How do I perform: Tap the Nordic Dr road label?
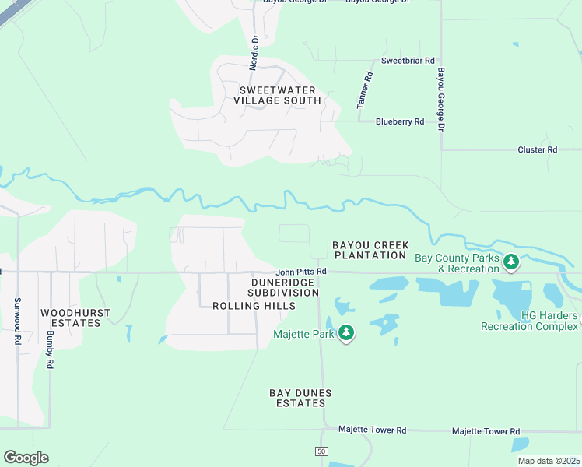[x=253, y=52]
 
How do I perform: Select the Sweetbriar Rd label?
[x=407, y=60]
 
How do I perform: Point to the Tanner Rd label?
[x=364, y=90]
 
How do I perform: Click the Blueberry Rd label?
[x=399, y=121]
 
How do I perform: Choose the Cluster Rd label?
[x=538, y=149]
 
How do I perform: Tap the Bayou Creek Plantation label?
[x=370, y=250]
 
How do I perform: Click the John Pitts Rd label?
[x=300, y=272]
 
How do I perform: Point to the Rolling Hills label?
[x=254, y=306]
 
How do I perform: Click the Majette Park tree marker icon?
[x=346, y=333]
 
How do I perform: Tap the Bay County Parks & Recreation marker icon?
[x=511, y=262]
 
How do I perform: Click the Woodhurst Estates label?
[x=75, y=318]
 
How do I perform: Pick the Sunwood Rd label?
[x=16, y=321]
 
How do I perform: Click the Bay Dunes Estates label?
[x=300, y=399]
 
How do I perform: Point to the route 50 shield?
[x=321, y=451]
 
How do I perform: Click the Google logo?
[x=26, y=457]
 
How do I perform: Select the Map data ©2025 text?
[x=548, y=461]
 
